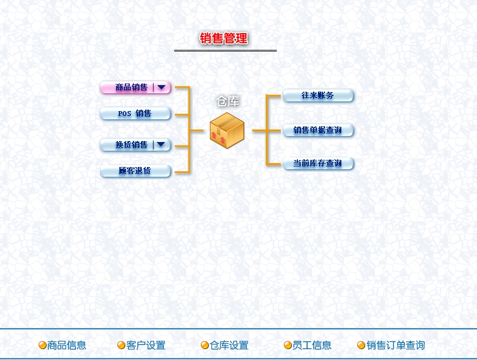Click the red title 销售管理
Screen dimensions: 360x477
click(x=224, y=38)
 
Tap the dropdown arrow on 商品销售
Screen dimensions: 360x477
click(x=162, y=87)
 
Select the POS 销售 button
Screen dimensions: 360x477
click(x=135, y=114)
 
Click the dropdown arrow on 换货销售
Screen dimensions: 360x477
click(x=162, y=145)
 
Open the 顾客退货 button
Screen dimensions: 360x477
click(x=135, y=171)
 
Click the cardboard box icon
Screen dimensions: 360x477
click(x=227, y=130)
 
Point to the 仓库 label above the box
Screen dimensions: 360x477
click(x=228, y=101)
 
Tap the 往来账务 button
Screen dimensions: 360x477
click(x=318, y=96)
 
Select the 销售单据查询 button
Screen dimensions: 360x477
click(x=318, y=130)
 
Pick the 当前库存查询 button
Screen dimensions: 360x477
click(x=318, y=163)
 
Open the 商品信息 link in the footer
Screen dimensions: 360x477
click(x=67, y=345)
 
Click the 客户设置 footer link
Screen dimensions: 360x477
click(x=146, y=345)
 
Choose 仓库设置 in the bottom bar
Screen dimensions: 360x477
click(x=229, y=345)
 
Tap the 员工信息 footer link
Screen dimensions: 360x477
click(x=312, y=345)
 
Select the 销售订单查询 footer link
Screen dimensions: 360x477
click(x=396, y=345)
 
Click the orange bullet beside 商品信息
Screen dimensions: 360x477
click(x=42, y=345)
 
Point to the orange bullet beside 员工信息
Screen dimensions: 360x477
click(x=288, y=345)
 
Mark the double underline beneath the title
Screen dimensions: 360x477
click(x=225, y=50)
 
